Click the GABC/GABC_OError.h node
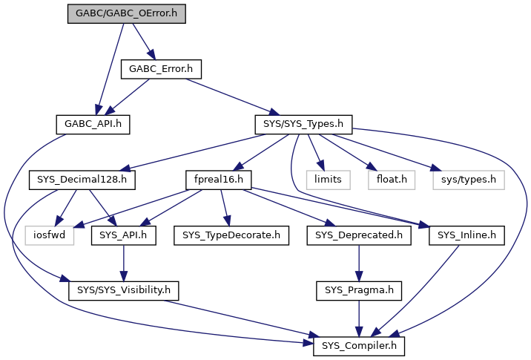click(x=127, y=14)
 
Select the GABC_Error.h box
click(x=161, y=70)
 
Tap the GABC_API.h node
click(x=93, y=125)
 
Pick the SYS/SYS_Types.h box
click(x=303, y=125)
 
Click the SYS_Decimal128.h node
click(x=82, y=180)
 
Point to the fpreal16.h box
click(x=219, y=180)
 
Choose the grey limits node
click(x=328, y=180)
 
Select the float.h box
click(x=392, y=180)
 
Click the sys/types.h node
click(x=469, y=180)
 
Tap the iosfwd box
click(x=50, y=235)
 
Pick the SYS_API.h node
click(x=124, y=235)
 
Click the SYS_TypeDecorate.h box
click(x=231, y=235)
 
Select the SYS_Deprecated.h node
click(x=359, y=235)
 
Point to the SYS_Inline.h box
click(x=466, y=235)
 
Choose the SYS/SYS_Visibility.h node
click(x=124, y=291)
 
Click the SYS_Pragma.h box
click(x=359, y=291)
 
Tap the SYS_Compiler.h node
click(x=359, y=347)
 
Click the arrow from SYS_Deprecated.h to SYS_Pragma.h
click(x=359, y=263)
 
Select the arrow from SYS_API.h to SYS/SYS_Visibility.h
click(x=124, y=263)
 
